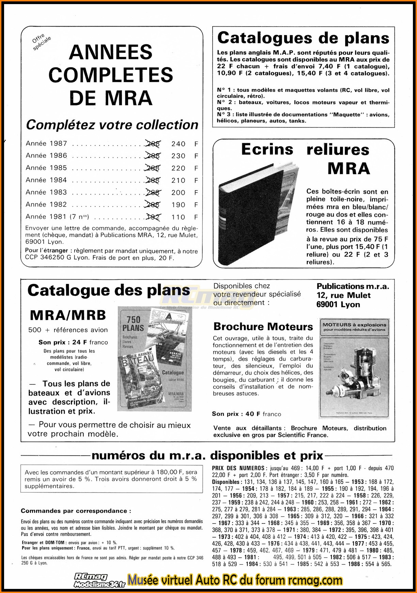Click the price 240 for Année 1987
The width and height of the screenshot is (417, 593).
tap(178, 144)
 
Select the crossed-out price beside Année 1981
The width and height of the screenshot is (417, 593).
tap(153, 217)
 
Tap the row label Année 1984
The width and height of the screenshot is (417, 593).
tap(46, 180)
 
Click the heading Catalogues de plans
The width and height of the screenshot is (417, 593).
tap(303, 38)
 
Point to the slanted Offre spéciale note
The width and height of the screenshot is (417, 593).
tap(41, 42)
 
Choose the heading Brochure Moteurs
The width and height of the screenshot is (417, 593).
tap(263, 326)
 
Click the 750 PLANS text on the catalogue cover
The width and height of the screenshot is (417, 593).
tap(133, 324)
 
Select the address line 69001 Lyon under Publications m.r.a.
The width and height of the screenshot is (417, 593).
tap(338, 304)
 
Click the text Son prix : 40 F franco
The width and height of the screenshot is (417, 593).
tap(246, 414)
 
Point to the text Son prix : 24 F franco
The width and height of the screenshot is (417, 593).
tap(73, 342)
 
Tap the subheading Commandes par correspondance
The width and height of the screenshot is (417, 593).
tap(76, 511)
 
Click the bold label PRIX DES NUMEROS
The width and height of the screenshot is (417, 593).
tap(238, 468)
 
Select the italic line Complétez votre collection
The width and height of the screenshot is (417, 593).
tap(112, 125)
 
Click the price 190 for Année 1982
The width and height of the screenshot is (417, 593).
tap(178, 205)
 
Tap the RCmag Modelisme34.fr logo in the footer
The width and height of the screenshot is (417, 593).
tap(99, 580)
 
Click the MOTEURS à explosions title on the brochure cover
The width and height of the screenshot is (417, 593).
tap(354, 327)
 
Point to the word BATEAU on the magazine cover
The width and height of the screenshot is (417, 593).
tap(139, 361)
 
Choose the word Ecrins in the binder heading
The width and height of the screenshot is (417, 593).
tap(267, 149)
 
